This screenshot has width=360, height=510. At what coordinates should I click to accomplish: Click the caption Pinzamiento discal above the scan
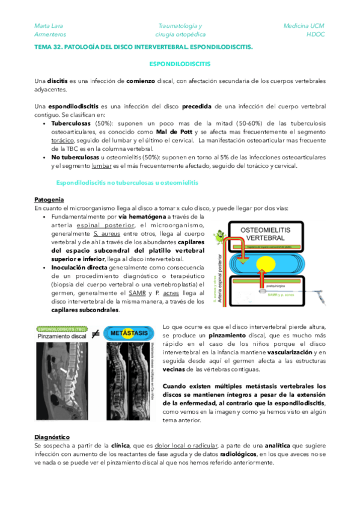click(x=60, y=337)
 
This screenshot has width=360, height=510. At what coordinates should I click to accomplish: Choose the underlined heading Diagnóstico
click(x=52, y=436)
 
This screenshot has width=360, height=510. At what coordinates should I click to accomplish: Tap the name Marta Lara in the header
click(x=48, y=26)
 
